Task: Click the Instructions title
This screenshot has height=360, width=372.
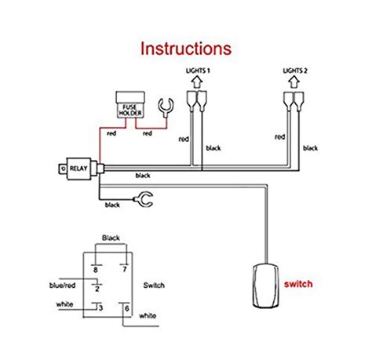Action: [186, 48]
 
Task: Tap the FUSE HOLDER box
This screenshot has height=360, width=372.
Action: [129, 105]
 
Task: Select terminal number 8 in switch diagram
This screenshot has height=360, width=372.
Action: [96, 269]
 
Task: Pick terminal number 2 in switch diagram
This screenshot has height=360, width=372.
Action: [97, 289]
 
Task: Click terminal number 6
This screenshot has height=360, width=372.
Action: [126, 307]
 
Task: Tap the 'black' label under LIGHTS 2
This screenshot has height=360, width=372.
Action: [311, 147]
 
